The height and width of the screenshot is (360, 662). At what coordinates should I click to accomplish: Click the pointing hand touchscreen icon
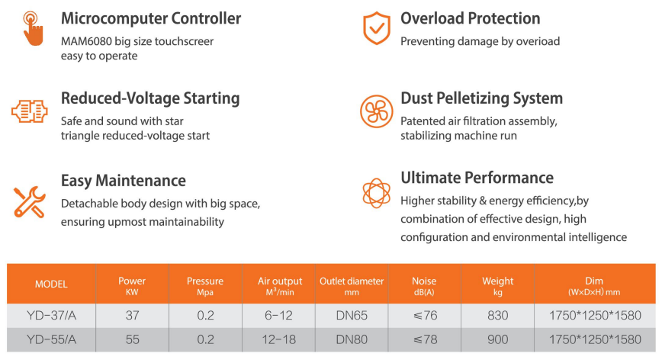(x=33, y=28)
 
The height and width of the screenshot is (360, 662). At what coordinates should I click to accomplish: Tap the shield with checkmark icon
(x=377, y=28)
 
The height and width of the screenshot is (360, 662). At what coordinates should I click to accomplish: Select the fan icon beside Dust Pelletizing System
(x=376, y=111)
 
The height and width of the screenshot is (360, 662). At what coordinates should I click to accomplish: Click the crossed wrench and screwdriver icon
(x=29, y=201)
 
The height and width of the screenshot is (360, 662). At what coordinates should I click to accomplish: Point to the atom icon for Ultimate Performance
(x=376, y=193)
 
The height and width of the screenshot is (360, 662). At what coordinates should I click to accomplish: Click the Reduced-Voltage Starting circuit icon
(x=30, y=111)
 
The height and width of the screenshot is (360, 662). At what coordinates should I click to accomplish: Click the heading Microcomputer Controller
(x=151, y=18)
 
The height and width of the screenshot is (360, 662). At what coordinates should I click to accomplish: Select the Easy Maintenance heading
(x=124, y=181)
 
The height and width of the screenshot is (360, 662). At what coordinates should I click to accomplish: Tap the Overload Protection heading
(x=471, y=18)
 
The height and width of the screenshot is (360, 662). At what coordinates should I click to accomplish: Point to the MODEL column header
(x=51, y=284)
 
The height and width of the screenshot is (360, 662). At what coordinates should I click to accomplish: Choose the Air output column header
(x=280, y=286)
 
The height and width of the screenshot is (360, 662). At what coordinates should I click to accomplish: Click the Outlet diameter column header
(x=352, y=286)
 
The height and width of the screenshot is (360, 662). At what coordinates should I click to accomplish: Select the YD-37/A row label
(x=52, y=315)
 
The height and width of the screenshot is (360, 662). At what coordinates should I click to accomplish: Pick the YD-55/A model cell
(x=52, y=339)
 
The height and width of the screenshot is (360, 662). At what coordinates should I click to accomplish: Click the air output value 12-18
(x=278, y=339)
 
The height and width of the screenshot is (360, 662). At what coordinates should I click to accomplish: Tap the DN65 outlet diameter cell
(x=352, y=315)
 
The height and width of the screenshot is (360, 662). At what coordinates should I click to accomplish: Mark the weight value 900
(x=498, y=339)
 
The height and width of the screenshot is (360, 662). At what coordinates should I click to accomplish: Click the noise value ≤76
(x=425, y=315)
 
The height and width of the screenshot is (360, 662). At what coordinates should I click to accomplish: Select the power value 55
(x=132, y=339)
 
